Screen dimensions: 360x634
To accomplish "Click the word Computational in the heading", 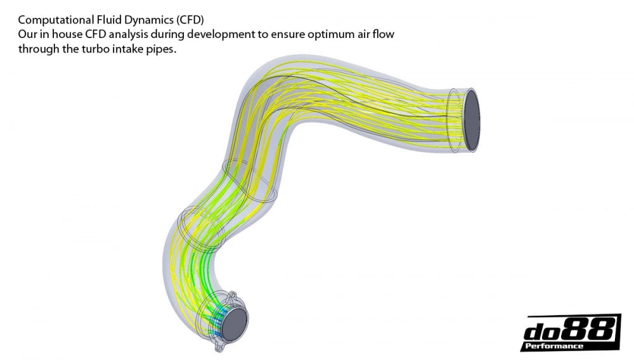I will point(50,19).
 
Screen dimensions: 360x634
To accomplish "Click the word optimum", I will point(316,34).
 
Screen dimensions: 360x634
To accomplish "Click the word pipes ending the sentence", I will point(161,49).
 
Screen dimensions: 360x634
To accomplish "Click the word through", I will point(39,49).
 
